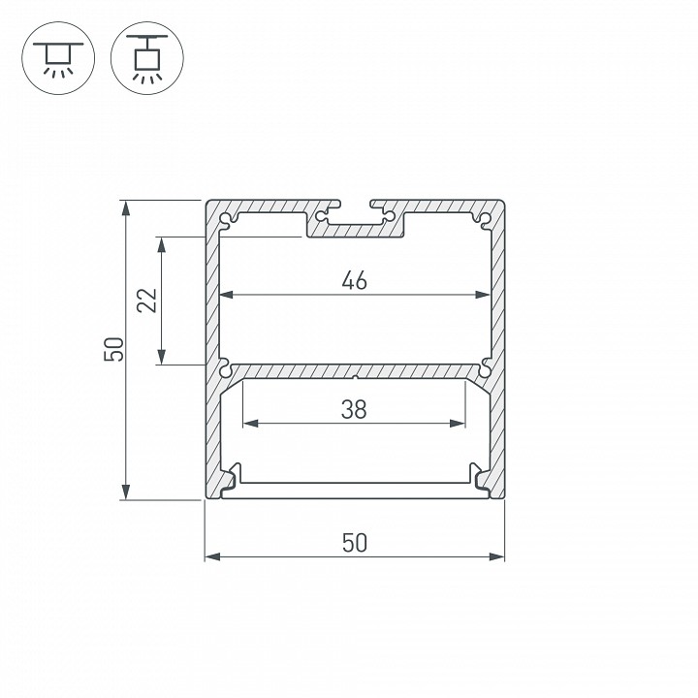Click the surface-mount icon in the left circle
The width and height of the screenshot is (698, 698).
58,58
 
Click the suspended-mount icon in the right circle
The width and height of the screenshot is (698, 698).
147,58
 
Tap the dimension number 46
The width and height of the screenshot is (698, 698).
355,280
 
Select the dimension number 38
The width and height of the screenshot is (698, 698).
354,409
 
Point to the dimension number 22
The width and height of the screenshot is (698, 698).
147,301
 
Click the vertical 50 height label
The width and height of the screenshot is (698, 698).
113,349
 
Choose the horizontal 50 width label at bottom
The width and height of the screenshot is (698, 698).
355,543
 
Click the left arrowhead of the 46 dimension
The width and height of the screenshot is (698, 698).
227,295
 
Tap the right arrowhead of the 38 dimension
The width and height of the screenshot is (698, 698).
458,424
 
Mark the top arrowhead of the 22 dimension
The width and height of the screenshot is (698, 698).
161,245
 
